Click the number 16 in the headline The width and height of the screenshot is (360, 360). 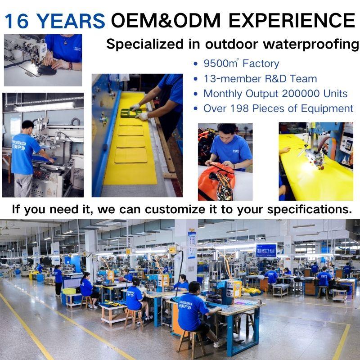pos(17,21)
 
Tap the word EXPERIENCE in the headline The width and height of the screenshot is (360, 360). pos(292,20)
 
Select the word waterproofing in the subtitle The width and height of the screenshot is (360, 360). pos(310,44)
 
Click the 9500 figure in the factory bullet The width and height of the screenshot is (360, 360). pos(216,63)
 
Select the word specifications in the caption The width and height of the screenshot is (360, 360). pos(310,210)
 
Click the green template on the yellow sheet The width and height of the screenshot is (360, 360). pos(131,113)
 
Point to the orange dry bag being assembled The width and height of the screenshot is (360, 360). pos(216,181)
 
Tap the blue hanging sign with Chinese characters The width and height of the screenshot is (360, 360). pos(266,251)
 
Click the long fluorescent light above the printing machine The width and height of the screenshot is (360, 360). pos(45,107)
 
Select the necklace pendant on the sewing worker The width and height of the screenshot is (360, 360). pos(65,43)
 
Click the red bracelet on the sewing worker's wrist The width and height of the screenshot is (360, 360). pos(71,66)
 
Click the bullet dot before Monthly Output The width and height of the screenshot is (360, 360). pos(196,94)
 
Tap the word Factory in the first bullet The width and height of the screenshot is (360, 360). pos(261,63)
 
